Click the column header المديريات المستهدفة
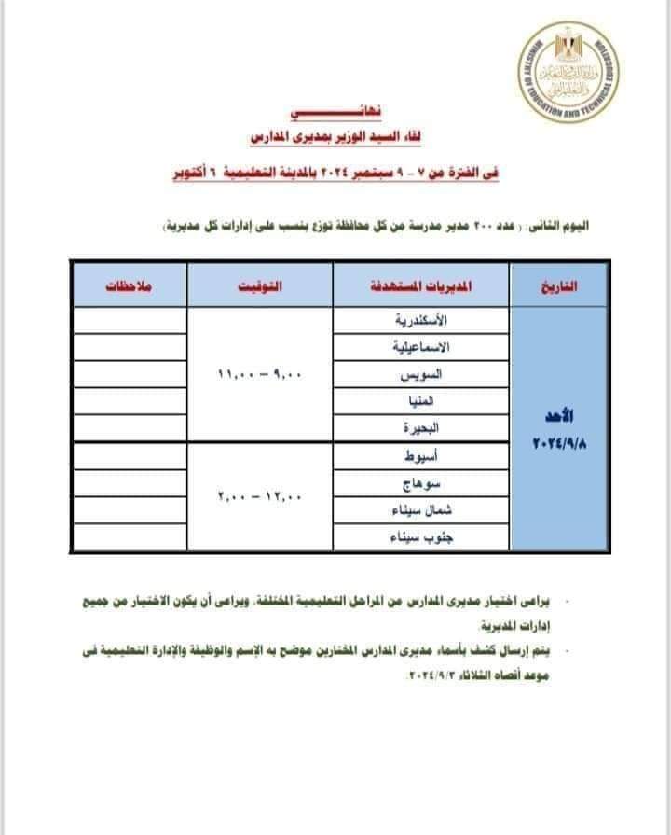pyautogui.click(x=422, y=286)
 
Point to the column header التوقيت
pyautogui.click(x=260, y=286)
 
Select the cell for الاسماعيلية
pyautogui.click(x=422, y=347)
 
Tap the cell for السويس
pyautogui.click(x=422, y=374)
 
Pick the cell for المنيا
pyautogui.click(x=422, y=401)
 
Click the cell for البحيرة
pyautogui.click(x=422, y=428)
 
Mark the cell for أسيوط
pyautogui.click(x=422, y=456)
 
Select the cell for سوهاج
pyautogui.click(x=422, y=483)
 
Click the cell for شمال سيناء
pyautogui.click(x=422, y=510)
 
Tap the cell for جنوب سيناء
pyautogui.click(x=422, y=537)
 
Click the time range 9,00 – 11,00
pyautogui.click(x=261, y=374)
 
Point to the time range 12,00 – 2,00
pyautogui.click(x=261, y=496)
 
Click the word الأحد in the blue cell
pyautogui.click(x=559, y=414)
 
